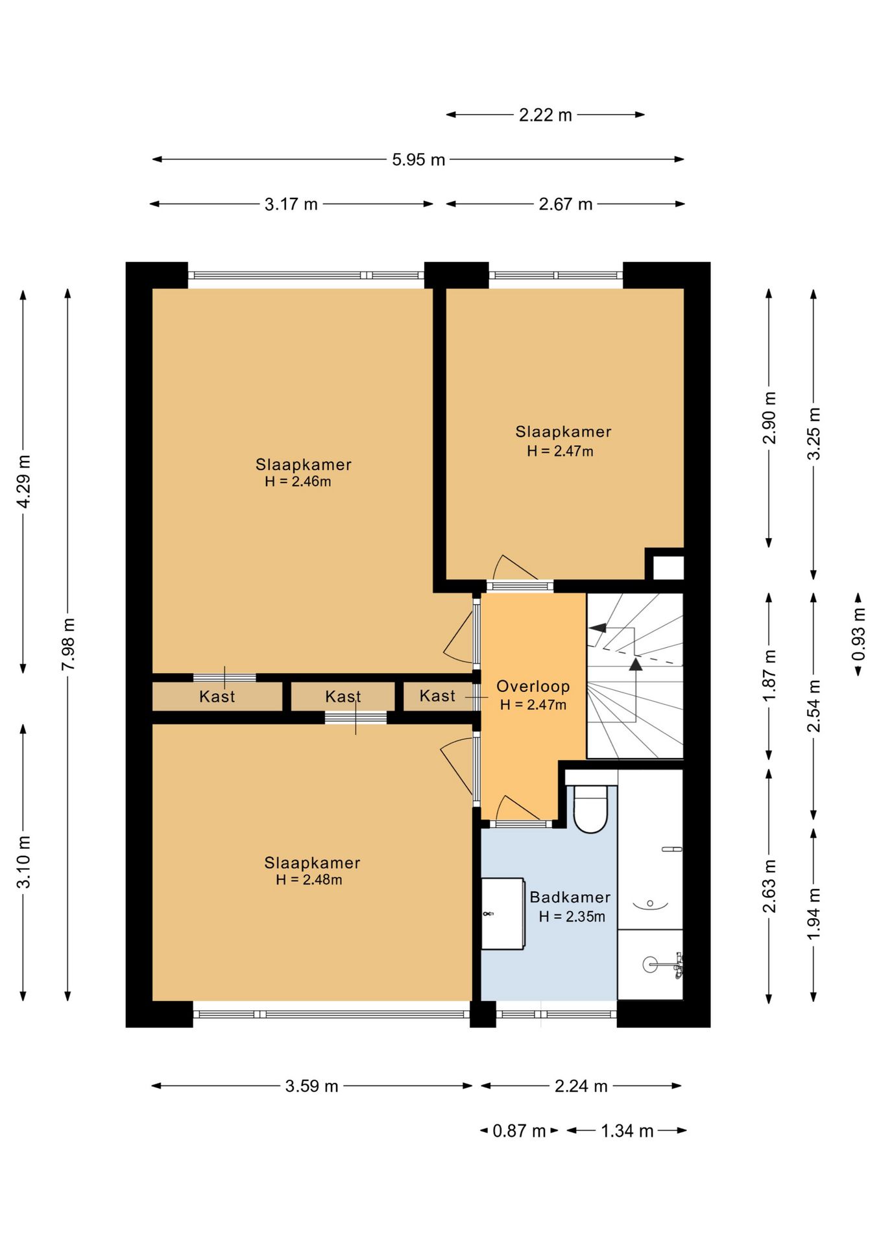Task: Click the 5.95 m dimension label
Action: pyautogui.click(x=418, y=160)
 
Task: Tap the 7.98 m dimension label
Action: pyautogui.click(x=68, y=645)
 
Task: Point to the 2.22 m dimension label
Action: pyautogui.click(x=545, y=115)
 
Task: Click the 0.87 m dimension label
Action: pyautogui.click(x=519, y=1131)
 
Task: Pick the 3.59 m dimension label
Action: pyautogui.click(x=311, y=1086)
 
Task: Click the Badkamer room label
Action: pyautogui.click(x=570, y=897)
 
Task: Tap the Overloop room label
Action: pyautogui.click(x=533, y=686)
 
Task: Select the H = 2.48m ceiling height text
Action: pyautogui.click(x=309, y=880)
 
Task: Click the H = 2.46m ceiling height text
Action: pyautogui.click(x=298, y=481)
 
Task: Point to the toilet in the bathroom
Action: pyautogui.click(x=590, y=808)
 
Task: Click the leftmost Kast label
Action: pyautogui.click(x=217, y=696)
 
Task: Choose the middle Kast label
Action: pyautogui.click(x=343, y=696)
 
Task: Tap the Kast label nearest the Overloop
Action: pyautogui.click(x=437, y=696)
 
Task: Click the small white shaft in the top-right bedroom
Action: pyautogui.click(x=668, y=567)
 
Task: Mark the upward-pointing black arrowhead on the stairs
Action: pyautogui.click(x=636, y=663)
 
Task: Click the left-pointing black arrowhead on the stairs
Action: pyautogui.click(x=597, y=628)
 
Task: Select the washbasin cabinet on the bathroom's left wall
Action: pyautogui.click(x=503, y=914)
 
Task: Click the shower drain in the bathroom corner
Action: pyautogui.click(x=650, y=965)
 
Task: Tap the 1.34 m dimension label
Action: pyautogui.click(x=627, y=1131)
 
